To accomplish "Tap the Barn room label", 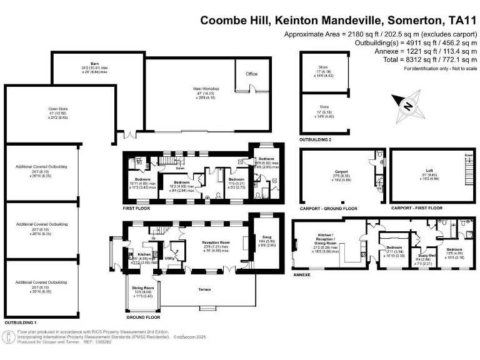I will point(95,63).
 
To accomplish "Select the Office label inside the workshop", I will point(251,74).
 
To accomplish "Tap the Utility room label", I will point(169,257).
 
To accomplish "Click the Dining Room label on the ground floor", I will point(143,287).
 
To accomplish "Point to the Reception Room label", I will point(216,242).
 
